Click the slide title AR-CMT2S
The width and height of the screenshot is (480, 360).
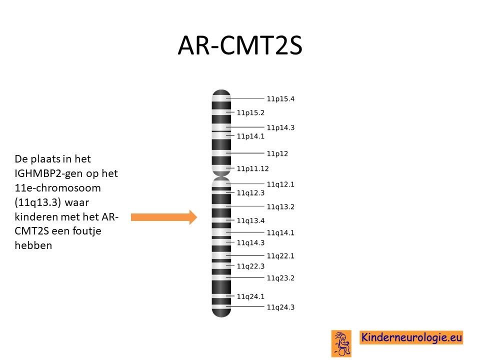pos(240,45)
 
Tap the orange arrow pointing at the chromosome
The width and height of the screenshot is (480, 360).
pos(164,217)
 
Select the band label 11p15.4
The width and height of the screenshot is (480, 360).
pos(280,99)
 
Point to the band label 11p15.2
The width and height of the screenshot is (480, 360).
pos(250,112)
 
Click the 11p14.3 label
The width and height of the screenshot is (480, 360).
pos(280,127)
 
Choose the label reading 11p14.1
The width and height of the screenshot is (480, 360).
pos(250,136)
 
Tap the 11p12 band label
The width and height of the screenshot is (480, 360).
pos(277,153)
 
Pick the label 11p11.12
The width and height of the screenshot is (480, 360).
pos(252,168)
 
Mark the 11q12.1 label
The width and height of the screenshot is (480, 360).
pos(280,184)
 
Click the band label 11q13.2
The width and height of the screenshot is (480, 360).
pos(280,207)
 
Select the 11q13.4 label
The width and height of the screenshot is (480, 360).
pos(250,220)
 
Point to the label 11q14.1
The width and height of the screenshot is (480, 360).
pos(280,233)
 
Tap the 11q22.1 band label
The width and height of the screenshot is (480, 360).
pos(280,256)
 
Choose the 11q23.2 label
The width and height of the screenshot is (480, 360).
pos(280,278)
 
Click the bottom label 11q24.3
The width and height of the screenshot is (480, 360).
pos(280,307)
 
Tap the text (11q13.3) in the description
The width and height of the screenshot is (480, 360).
pos(36,202)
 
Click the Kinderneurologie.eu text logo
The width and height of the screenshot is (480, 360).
pos(411,337)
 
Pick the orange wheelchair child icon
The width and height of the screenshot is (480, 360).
pos(341,343)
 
